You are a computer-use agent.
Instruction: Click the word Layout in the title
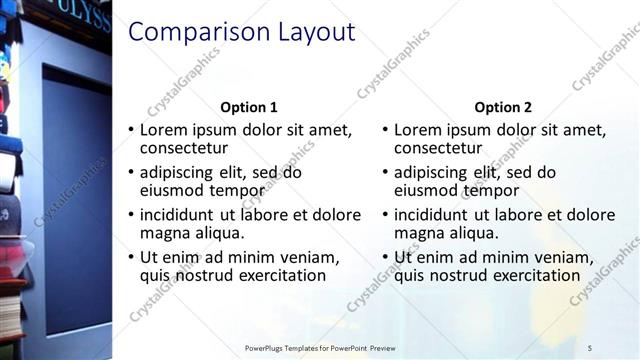tap(317, 33)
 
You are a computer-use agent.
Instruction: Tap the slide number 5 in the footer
tap(590, 347)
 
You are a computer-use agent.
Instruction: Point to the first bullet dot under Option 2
tap(386, 130)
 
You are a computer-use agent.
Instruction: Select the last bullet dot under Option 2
tap(386, 257)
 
